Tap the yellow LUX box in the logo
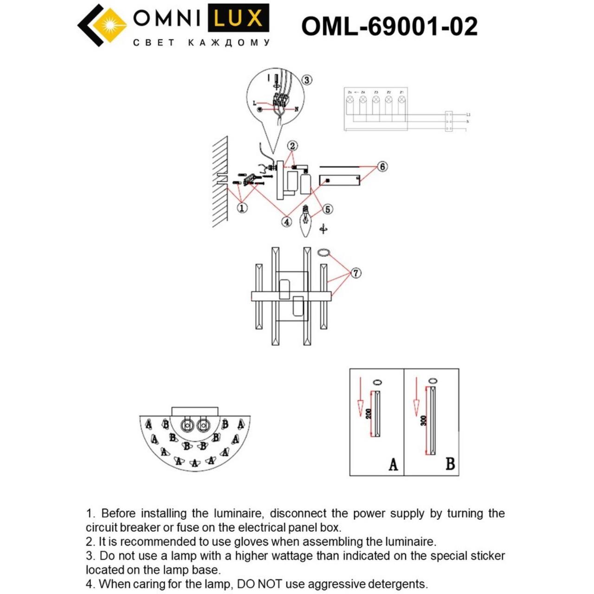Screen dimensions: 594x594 (x=238, y=19)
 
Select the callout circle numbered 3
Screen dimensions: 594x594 (x=307, y=80)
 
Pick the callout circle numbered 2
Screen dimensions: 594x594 (x=292, y=146)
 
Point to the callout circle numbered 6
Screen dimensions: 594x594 (x=382, y=166)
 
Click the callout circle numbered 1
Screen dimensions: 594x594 (x=242, y=208)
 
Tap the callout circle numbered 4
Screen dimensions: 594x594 (x=287, y=222)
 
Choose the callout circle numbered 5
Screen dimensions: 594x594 (x=328, y=209)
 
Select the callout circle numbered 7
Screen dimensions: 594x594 (x=355, y=273)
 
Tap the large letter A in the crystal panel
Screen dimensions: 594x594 (x=393, y=464)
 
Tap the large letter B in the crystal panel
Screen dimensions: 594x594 (x=450, y=464)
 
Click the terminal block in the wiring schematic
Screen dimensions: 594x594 (x=448, y=121)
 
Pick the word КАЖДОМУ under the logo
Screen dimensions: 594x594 (x=229, y=43)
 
